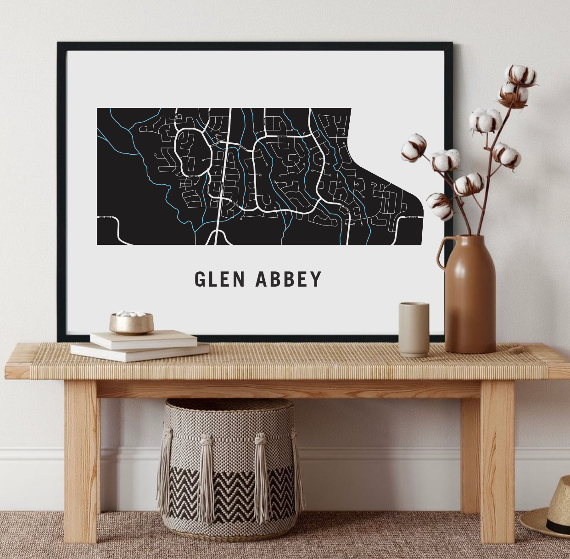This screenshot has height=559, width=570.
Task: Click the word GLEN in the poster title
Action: click(x=219, y=279)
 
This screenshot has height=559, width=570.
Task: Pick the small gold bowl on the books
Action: click(x=132, y=323)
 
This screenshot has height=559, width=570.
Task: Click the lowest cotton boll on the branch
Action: click(x=439, y=204)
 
